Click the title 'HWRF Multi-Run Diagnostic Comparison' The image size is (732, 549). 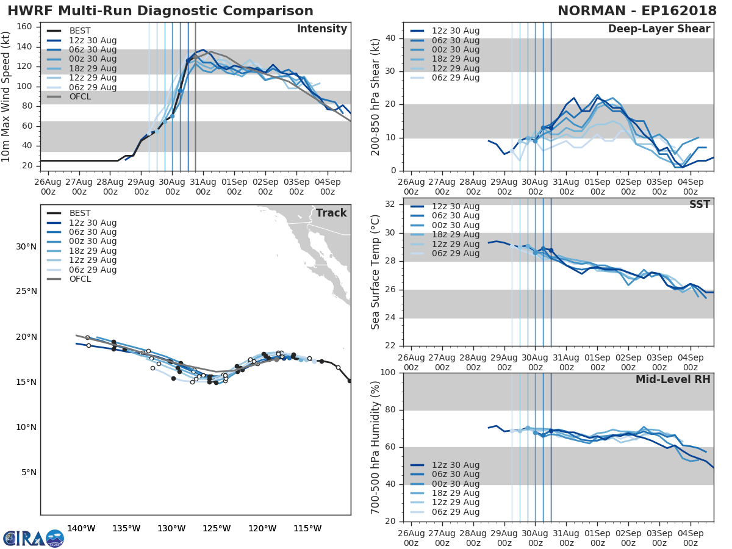(160, 11)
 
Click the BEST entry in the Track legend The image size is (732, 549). (80, 213)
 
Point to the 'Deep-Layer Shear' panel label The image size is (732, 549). (659, 29)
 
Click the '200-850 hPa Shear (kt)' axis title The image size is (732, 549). (376, 96)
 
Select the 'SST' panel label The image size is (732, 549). (699, 204)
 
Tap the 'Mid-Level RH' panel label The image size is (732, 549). (673, 379)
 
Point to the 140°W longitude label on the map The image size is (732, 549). (81, 528)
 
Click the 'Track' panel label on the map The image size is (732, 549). (331, 213)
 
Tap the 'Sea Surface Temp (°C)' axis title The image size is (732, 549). (376, 272)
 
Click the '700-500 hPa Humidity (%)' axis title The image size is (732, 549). (376, 447)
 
